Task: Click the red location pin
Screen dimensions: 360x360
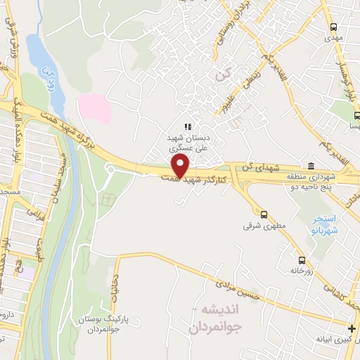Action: coord(181,166)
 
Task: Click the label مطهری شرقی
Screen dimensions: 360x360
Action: coord(257,226)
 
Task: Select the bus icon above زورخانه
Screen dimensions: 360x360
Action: coord(302,257)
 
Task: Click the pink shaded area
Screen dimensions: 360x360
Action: coord(94,109)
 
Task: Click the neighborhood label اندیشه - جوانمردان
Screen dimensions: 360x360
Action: coord(223,318)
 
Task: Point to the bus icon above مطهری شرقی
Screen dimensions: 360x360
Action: coord(264,214)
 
